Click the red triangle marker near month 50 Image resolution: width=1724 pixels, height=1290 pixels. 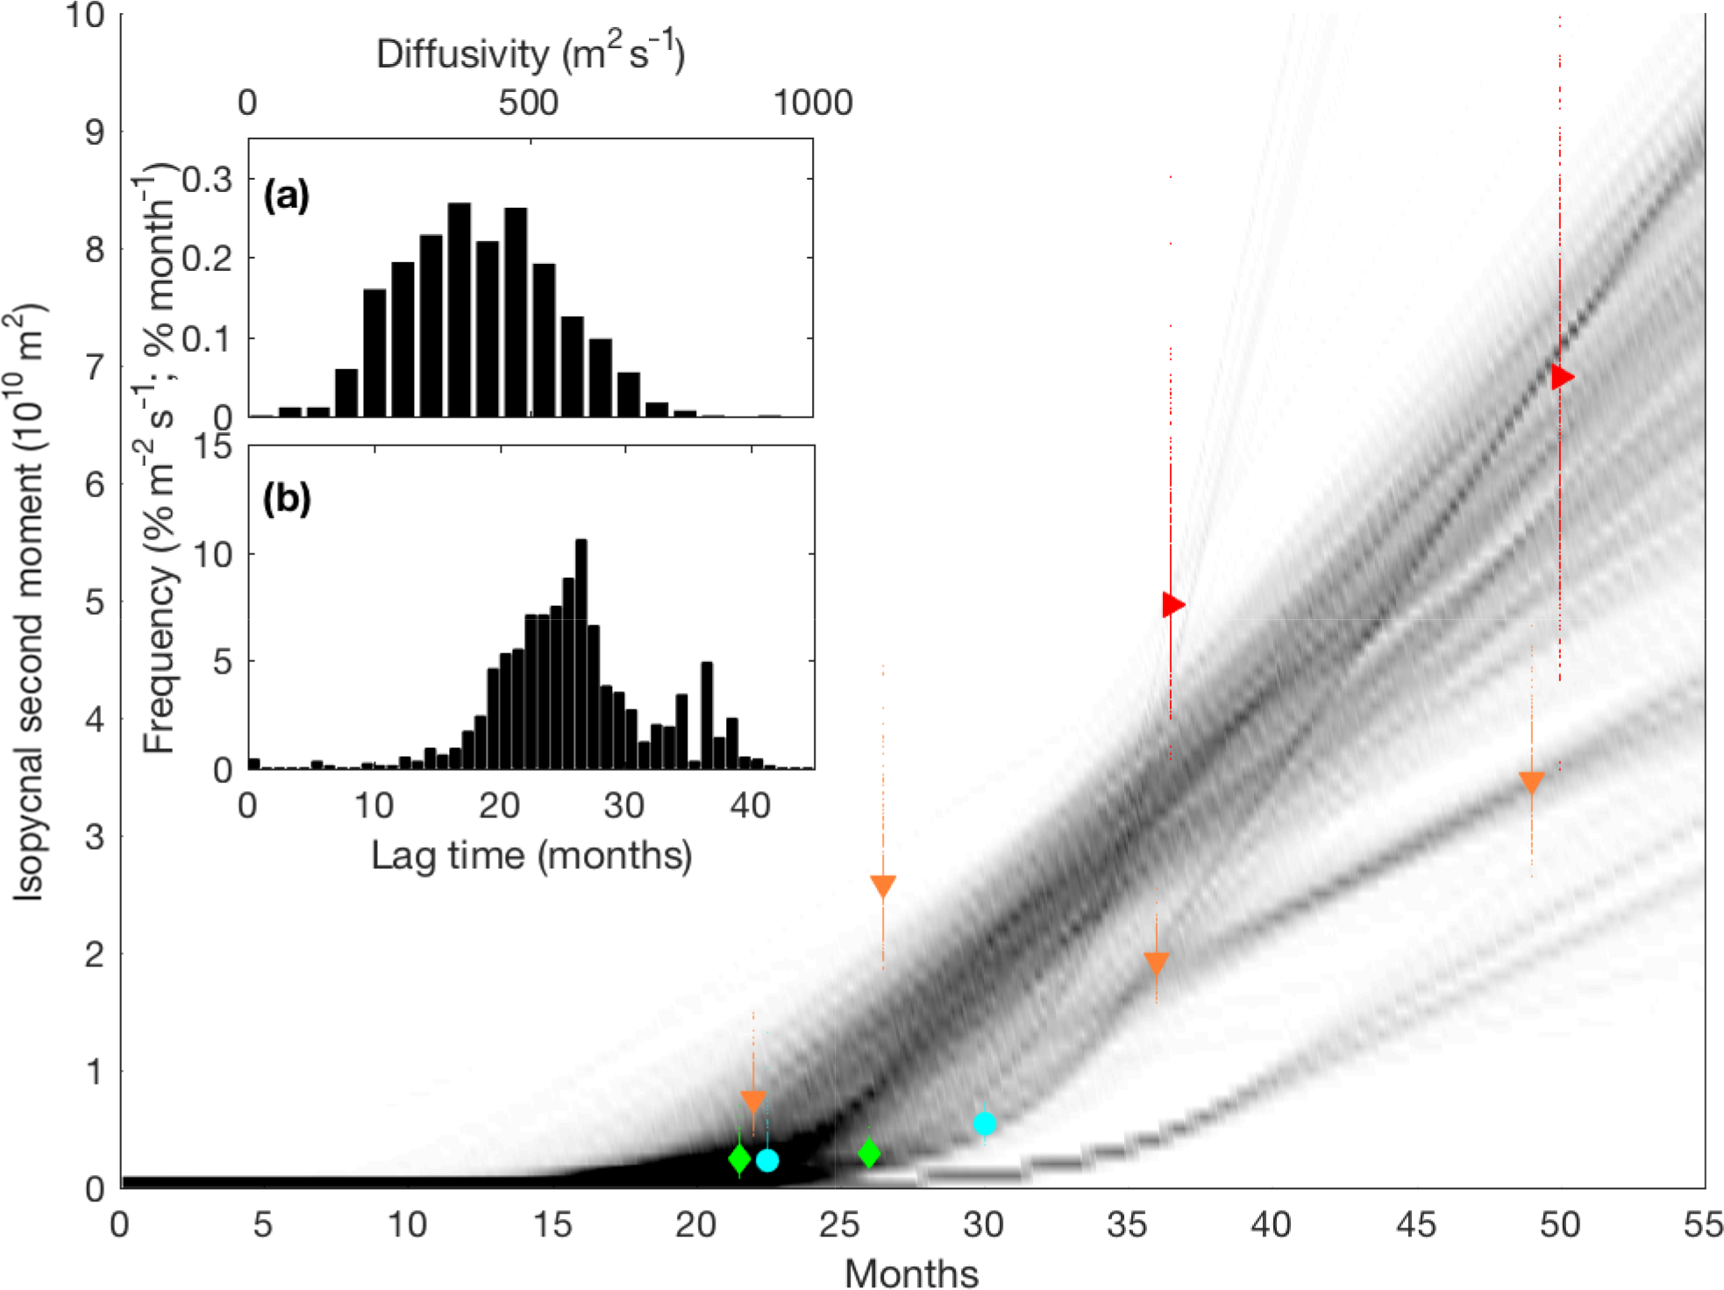1562,377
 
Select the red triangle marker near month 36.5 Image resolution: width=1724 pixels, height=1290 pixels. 1172,604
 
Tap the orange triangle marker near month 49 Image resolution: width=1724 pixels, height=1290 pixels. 1531,782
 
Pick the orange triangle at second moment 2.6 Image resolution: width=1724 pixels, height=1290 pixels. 883,886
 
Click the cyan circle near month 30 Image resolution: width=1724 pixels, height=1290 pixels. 984,1123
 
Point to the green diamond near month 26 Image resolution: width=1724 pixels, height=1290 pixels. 869,1152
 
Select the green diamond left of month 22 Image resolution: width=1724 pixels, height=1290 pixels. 739,1158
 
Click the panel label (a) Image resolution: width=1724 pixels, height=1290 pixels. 287,196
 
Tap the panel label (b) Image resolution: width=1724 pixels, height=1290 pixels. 287,498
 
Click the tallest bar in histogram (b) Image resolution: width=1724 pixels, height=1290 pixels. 581,653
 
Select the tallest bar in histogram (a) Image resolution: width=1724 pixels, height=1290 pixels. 459,309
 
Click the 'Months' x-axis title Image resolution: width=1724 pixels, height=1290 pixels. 911,1272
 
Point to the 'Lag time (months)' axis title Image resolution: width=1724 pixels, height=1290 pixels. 531,855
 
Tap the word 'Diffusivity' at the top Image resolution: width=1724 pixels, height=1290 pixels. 462,54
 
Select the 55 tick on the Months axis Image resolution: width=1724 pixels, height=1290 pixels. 1703,1224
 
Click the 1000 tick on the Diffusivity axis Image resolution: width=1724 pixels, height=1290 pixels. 813,103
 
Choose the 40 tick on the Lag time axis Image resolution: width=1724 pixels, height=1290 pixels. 751,804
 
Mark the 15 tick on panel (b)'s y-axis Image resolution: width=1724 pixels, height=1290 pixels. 211,447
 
